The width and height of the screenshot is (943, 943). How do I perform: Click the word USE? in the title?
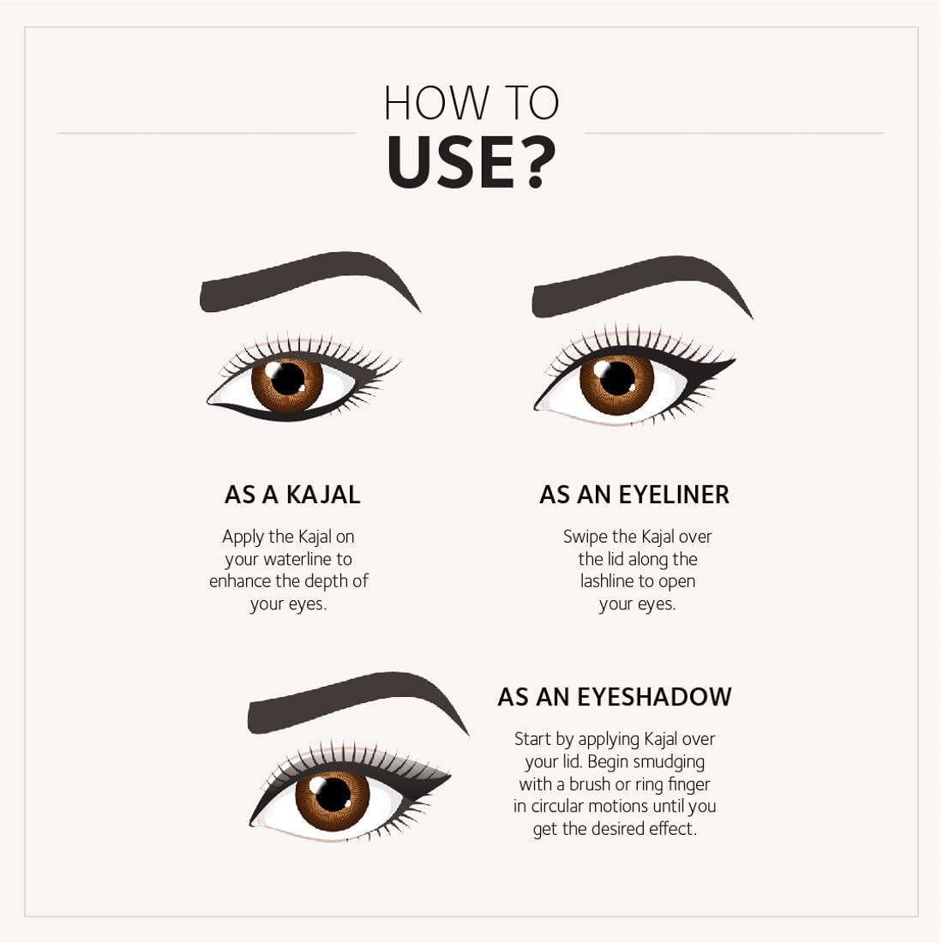(471, 162)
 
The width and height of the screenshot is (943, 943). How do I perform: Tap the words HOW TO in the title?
(471, 104)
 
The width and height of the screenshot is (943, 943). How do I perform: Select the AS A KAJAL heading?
(292, 495)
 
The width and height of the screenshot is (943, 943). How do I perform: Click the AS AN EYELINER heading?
(634, 495)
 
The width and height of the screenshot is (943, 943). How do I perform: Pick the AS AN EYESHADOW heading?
(615, 697)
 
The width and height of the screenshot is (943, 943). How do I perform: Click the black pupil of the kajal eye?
(287, 378)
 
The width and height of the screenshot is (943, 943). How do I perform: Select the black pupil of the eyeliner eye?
(617, 378)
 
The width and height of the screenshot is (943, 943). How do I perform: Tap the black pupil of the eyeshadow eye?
(333, 794)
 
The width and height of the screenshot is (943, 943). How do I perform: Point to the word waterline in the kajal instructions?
(297, 559)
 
